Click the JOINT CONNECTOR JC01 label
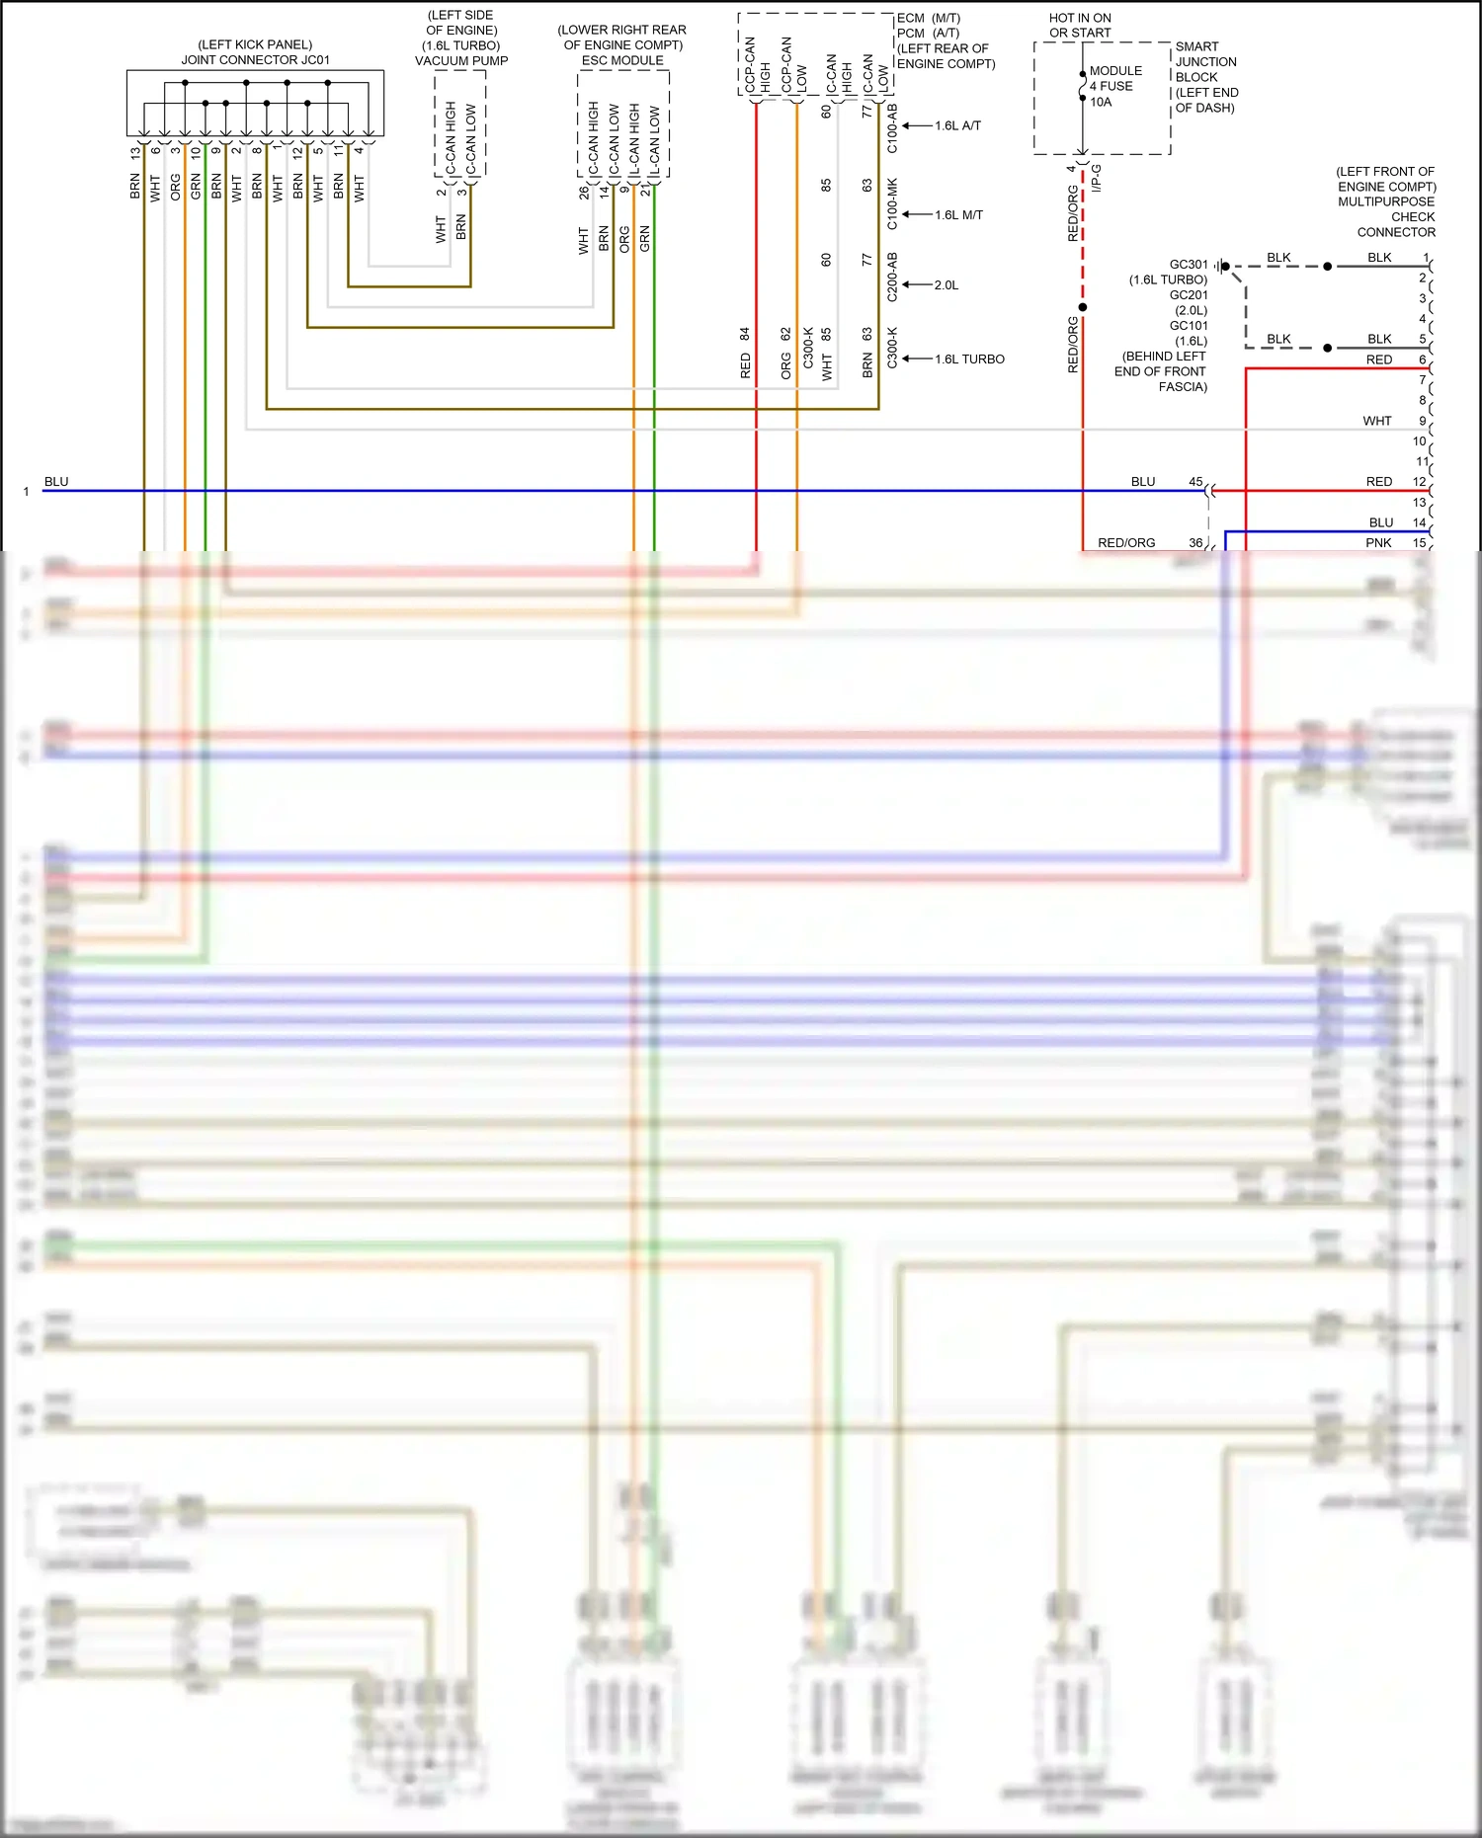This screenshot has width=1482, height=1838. [255, 60]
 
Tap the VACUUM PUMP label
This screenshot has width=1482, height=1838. [461, 61]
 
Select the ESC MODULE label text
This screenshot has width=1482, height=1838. [622, 60]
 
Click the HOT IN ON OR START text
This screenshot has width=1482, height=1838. [1080, 26]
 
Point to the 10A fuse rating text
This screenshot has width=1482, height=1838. [1101, 102]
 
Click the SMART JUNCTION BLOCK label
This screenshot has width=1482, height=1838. [1205, 76]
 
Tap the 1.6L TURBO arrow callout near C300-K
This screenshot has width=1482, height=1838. [968, 360]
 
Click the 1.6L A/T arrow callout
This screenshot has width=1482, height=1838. [956, 126]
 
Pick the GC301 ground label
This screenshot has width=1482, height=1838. [1189, 265]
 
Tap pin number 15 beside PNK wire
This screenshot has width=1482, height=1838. [1419, 543]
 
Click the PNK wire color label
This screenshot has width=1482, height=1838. [1378, 543]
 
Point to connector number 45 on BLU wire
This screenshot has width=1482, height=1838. [1195, 482]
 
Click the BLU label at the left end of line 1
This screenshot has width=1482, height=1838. [56, 482]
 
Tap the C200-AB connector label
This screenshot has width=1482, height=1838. [892, 278]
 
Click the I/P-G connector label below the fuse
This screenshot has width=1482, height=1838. [1097, 179]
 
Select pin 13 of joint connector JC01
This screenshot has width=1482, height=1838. [135, 153]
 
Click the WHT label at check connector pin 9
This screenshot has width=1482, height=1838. [1376, 421]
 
